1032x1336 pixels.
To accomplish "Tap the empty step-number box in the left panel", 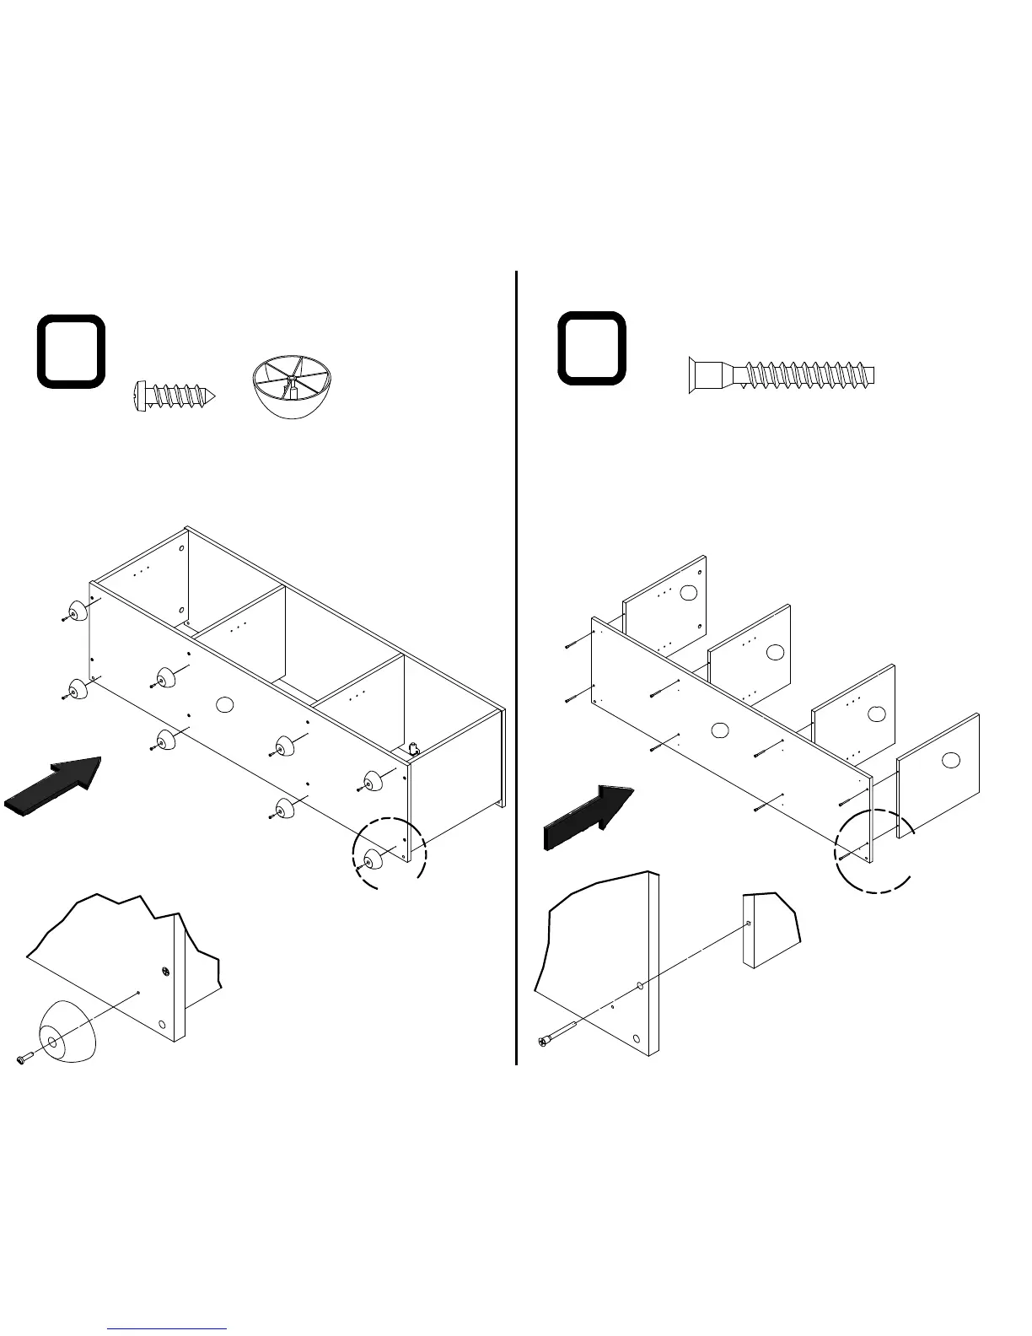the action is point(71,352).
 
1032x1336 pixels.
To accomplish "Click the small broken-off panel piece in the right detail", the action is point(770,928).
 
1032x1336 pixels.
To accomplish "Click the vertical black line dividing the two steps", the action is point(516,666).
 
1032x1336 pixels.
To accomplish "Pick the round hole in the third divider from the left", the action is point(876,714).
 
